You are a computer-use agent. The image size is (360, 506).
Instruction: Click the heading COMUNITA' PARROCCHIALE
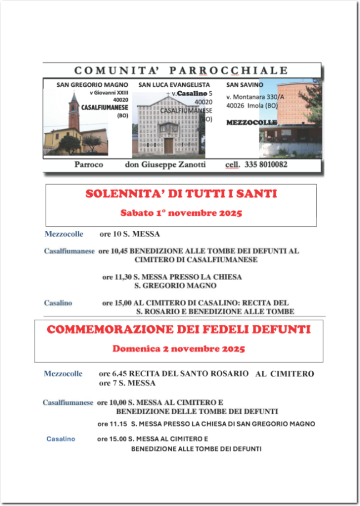pyautogui.click(x=182, y=71)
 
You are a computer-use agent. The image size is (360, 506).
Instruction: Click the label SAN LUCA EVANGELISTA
pyautogui.click(x=166, y=85)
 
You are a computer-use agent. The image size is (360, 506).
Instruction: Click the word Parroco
pyautogui.click(x=91, y=165)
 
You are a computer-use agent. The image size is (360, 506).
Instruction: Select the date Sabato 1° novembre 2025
pyautogui.click(x=181, y=212)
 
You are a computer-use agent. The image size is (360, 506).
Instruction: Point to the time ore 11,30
pyautogui.click(x=116, y=277)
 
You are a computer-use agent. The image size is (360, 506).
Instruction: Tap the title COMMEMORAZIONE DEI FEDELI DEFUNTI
pyautogui.click(x=178, y=330)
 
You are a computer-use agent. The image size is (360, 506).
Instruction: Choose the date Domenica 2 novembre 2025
pyautogui.click(x=178, y=349)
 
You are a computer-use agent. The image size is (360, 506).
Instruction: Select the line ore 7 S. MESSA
pyautogui.click(x=127, y=383)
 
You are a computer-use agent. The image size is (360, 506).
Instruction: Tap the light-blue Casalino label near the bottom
pyautogui.click(x=61, y=439)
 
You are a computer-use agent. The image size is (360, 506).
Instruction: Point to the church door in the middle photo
pyautogui.click(x=168, y=146)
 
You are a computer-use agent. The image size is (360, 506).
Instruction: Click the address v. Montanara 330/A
pyautogui.click(x=254, y=97)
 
